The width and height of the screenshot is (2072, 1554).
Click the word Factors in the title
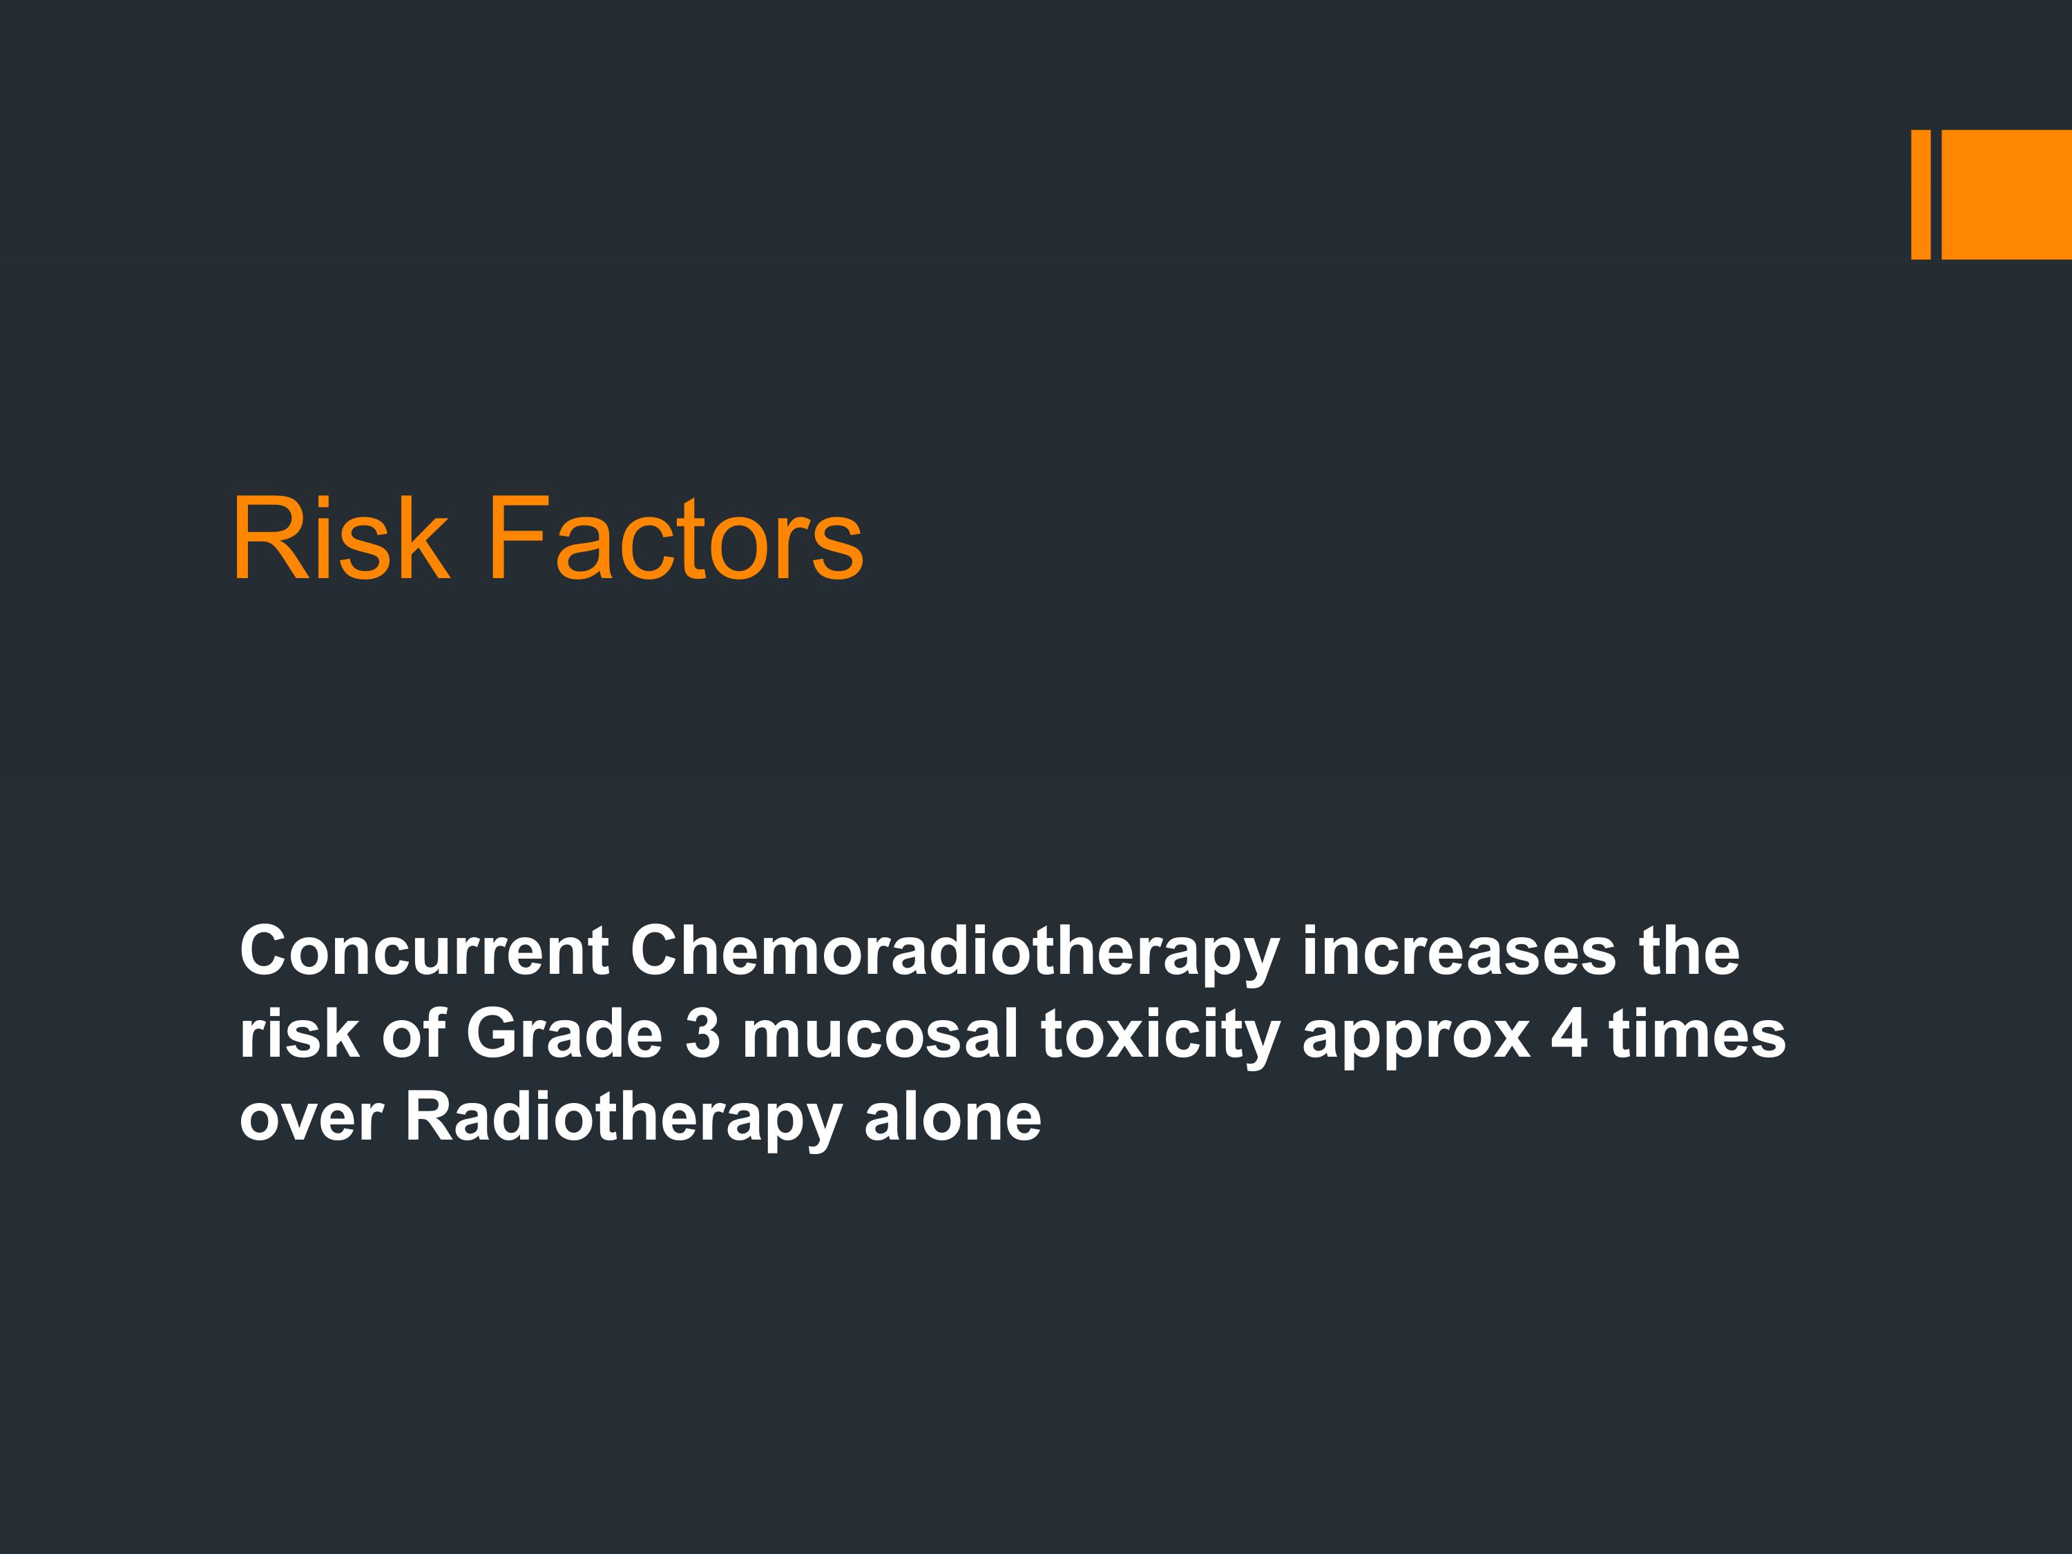[x=674, y=539]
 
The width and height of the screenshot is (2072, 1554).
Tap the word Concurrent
[x=424, y=951]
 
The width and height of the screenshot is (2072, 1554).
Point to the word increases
[x=1459, y=951]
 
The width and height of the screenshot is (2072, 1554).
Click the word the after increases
[x=1689, y=951]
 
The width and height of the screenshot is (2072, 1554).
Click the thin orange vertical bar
[x=1920, y=194]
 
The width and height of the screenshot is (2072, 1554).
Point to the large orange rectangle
[x=2006, y=194]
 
